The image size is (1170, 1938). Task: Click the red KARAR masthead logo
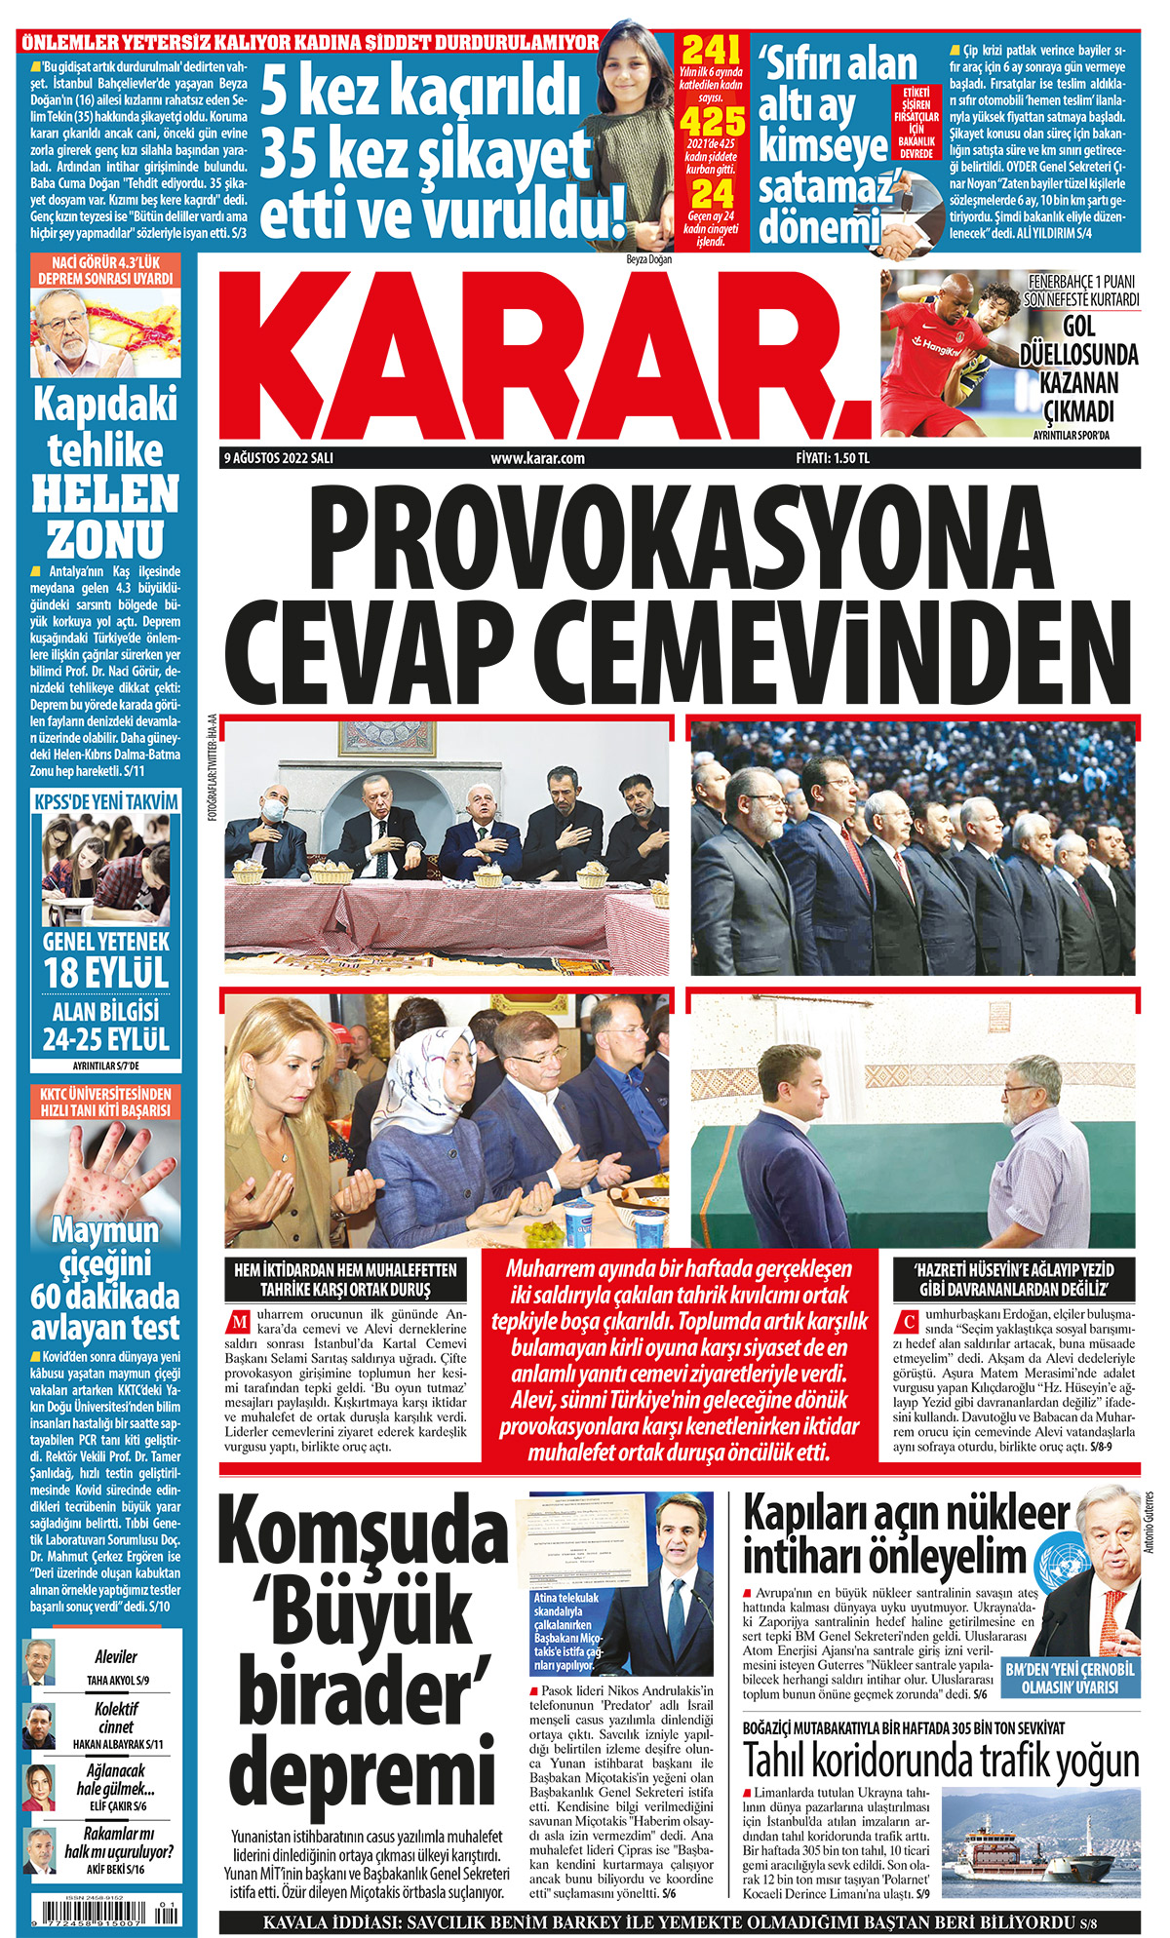[x=546, y=355]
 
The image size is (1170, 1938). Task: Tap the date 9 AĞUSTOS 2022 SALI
[x=279, y=458]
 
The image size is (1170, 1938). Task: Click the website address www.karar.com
[x=537, y=458]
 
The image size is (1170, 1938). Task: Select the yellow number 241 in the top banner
[x=711, y=50]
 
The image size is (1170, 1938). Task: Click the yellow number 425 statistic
[x=711, y=121]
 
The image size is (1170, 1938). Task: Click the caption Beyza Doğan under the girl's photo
[x=648, y=259]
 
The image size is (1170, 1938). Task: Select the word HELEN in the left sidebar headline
[x=105, y=493]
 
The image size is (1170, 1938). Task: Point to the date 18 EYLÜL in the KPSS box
[x=105, y=973]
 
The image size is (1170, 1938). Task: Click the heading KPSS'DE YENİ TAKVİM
[x=105, y=801]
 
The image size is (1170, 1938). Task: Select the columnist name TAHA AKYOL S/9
[x=118, y=1681]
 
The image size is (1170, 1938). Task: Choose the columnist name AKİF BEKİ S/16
[x=115, y=1870]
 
